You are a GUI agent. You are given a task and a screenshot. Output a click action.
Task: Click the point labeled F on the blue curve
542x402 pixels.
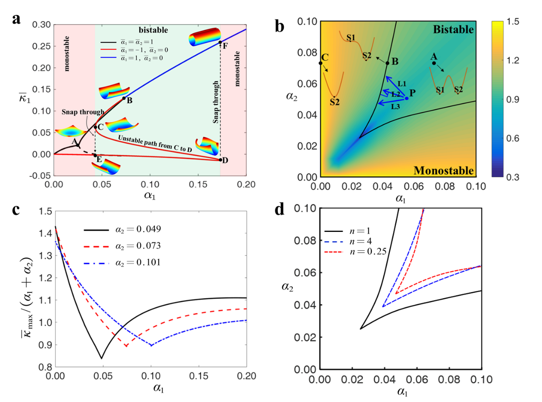[x=220, y=42]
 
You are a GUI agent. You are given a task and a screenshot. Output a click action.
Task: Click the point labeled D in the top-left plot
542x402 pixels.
[x=220, y=160]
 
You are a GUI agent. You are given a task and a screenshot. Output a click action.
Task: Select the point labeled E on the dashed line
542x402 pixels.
[x=95, y=155]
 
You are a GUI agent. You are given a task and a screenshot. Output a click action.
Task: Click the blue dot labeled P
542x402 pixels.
[x=407, y=98]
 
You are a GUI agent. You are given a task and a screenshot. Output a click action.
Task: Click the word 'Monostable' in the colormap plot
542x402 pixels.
[x=444, y=171]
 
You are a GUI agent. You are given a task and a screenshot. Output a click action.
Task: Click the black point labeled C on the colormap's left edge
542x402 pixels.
[x=320, y=63]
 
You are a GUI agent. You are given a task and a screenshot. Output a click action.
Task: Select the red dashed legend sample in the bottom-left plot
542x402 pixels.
[x=96, y=247]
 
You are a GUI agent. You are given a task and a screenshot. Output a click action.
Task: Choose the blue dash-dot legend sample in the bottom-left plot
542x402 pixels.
[x=96, y=263]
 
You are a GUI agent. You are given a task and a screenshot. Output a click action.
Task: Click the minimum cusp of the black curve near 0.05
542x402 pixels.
[x=102, y=359]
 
